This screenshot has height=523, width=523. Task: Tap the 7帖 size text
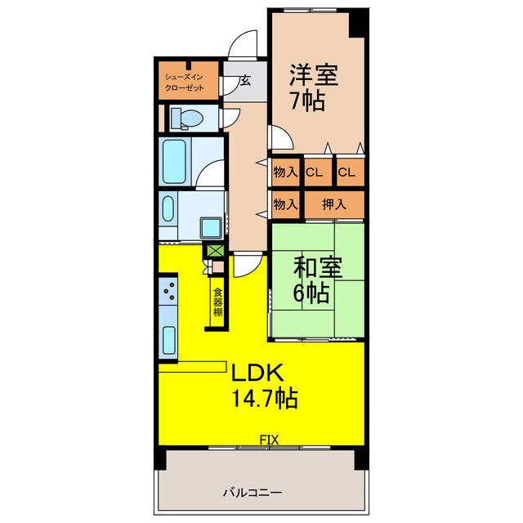coord(306,102)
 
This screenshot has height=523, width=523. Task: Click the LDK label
coord(257,373)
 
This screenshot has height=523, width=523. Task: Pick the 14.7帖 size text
coord(263,400)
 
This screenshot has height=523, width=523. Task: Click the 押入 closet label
coord(333,203)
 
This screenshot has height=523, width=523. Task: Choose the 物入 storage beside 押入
coord(285,203)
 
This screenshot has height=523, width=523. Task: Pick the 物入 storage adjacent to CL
coord(285,172)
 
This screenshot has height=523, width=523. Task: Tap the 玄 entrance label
coord(245,82)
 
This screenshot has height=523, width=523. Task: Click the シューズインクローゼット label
coord(188,81)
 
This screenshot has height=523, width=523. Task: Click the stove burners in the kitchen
coord(170,288)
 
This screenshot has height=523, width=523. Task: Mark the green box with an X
coord(215,251)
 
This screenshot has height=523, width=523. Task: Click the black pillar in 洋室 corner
coord(356,22)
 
